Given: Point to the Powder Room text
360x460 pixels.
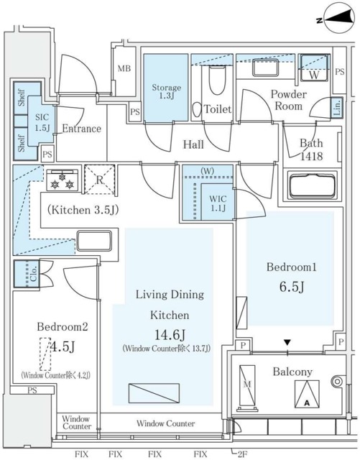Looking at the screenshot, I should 287,100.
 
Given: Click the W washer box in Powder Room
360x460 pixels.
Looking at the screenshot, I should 313,70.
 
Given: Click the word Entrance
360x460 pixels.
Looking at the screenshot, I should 81,129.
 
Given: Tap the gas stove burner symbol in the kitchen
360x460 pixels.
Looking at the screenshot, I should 62,180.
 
